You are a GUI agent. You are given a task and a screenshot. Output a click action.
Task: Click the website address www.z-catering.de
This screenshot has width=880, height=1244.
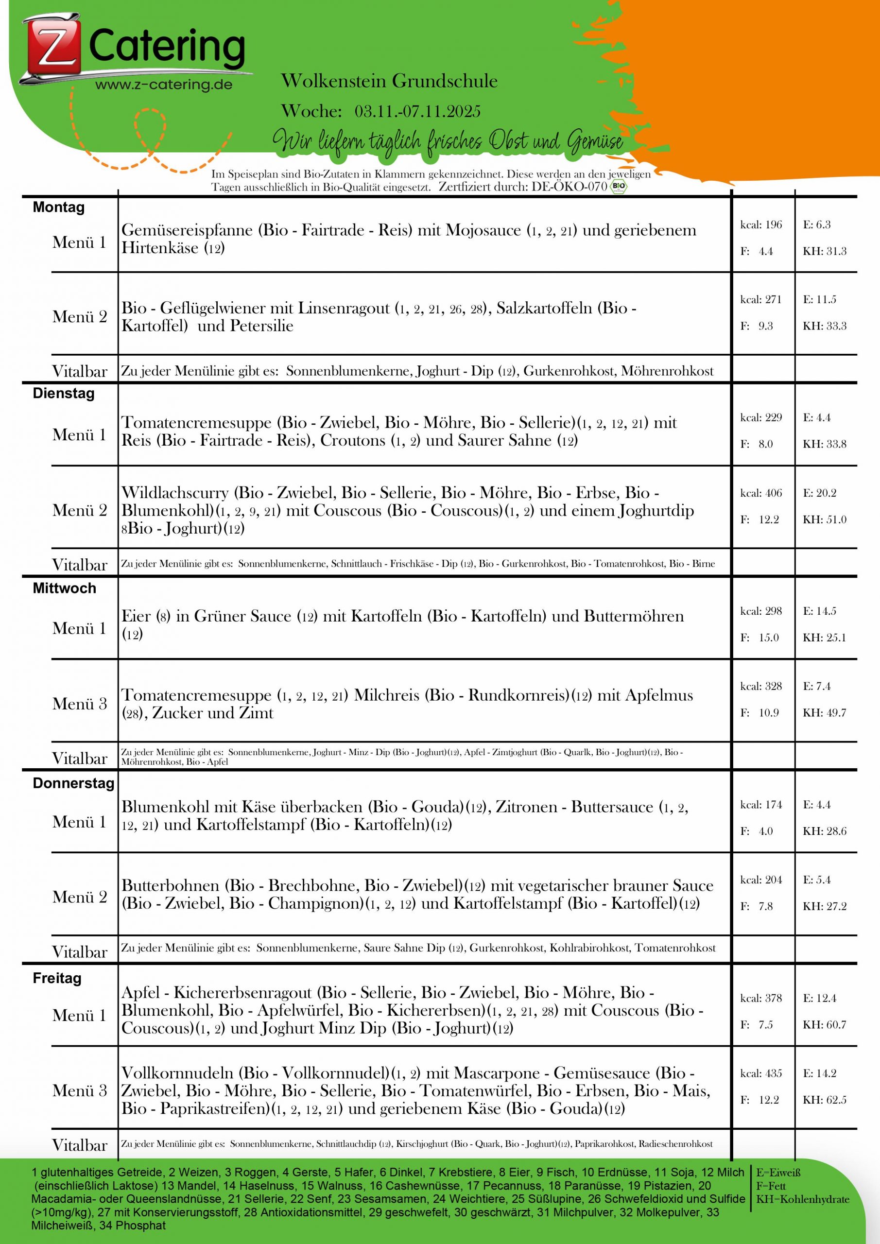pyautogui.click(x=164, y=85)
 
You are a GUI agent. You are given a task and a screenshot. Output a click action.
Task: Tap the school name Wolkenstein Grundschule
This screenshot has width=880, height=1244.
pyautogui.click(x=389, y=81)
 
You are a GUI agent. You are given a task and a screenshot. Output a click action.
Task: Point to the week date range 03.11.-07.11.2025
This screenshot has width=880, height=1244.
pyautogui.click(x=417, y=111)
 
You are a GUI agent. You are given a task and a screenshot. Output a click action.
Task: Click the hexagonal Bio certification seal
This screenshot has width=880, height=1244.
pyautogui.click(x=618, y=187)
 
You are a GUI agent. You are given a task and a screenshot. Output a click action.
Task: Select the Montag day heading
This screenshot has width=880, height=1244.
pyautogui.click(x=58, y=207)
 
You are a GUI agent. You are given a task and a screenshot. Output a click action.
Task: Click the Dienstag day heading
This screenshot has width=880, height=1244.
pyautogui.click(x=63, y=393)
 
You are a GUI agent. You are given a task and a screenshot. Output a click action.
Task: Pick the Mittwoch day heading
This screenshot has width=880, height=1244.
pyautogui.click(x=64, y=588)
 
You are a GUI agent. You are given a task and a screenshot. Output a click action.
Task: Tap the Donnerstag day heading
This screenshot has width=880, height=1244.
pyautogui.click(x=73, y=783)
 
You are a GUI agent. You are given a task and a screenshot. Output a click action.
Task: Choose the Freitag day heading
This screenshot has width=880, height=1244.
pyautogui.click(x=57, y=978)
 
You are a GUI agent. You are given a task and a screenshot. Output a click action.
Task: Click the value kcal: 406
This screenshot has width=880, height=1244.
pyautogui.click(x=761, y=493)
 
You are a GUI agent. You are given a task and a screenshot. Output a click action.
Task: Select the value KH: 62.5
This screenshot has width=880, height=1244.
pyautogui.click(x=824, y=1099)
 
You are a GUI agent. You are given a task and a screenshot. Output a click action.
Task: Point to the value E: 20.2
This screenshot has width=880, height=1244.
pyautogui.click(x=819, y=493)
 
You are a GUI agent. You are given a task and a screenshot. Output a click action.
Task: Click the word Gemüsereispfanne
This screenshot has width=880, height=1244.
pyautogui.click(x=187, y=230)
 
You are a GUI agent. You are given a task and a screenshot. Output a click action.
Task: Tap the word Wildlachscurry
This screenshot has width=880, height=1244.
pyautogui.click(x=174, y=493)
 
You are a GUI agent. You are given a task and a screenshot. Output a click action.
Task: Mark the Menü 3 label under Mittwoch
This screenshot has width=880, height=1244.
pyautogui.click(x=80, y=703)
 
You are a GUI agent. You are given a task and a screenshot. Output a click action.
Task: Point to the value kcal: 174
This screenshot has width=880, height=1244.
pyautogui.click(x=761, y=805)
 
